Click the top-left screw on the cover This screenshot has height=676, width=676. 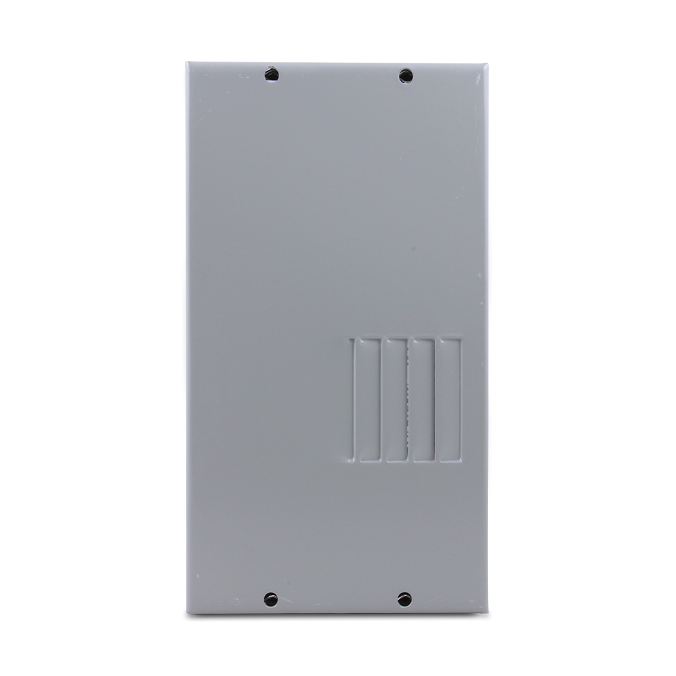pos(271,72)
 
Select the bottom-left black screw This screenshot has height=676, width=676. pos(270,598)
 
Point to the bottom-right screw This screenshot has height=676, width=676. pos(404,598)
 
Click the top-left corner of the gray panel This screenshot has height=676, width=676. pos(187,64)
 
